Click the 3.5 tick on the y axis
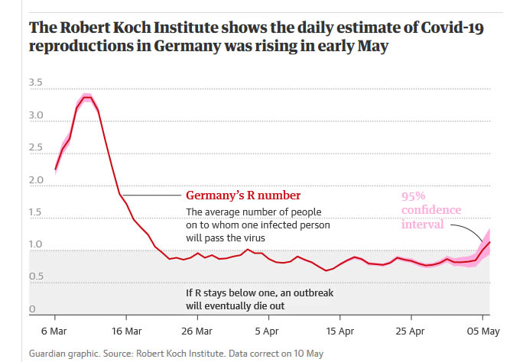(x=36, y=82)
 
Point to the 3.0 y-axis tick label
(x=36, y=116)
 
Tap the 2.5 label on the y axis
(x=36, y=148)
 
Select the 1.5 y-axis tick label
(x=36, y=213)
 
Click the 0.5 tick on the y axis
(x=36, y=277)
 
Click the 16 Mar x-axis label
(x=126, y=332)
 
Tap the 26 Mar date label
(x=198, y=332)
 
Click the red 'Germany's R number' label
(x=242, y=196)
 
